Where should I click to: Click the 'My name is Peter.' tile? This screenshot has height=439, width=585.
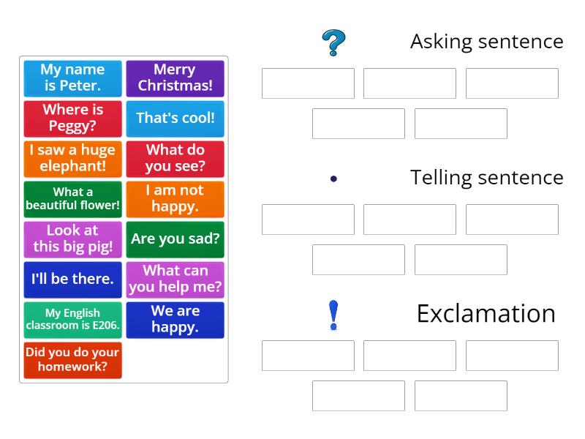tap(72, 78)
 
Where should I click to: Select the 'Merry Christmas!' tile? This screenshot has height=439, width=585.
tap(175, 78)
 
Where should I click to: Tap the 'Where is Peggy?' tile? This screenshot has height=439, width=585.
tap(72, 119)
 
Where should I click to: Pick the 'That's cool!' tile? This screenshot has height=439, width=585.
tap(175, 119)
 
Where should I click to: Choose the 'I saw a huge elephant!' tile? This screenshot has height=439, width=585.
tap(72, 159)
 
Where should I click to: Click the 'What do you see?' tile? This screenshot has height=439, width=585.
tap(175, 159)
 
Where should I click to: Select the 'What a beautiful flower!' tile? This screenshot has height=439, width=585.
tap(72, 199)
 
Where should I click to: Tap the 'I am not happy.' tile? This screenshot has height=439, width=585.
tap(175, 199)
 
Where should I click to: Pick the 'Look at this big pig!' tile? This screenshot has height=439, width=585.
tap(72, 239)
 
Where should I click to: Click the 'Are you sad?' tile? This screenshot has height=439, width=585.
tap(175, 239)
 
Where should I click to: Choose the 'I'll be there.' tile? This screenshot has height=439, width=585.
tap(72, 279)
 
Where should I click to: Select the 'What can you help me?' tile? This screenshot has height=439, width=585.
tap(175, 279)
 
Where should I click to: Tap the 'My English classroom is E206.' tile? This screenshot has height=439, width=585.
tap(72, 320)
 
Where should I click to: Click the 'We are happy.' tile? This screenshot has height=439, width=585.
tap(175, 320)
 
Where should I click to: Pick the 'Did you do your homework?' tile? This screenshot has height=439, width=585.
tap(72, 360)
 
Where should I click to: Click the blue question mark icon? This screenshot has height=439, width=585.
tap(333, 43)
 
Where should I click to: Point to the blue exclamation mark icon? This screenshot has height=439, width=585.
tap(333, 315)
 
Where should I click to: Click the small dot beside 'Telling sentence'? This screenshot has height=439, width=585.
tap(333, 178)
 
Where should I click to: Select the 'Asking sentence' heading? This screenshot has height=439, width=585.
tap(486, 42)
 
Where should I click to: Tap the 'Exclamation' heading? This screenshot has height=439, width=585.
tap(486, 313)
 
